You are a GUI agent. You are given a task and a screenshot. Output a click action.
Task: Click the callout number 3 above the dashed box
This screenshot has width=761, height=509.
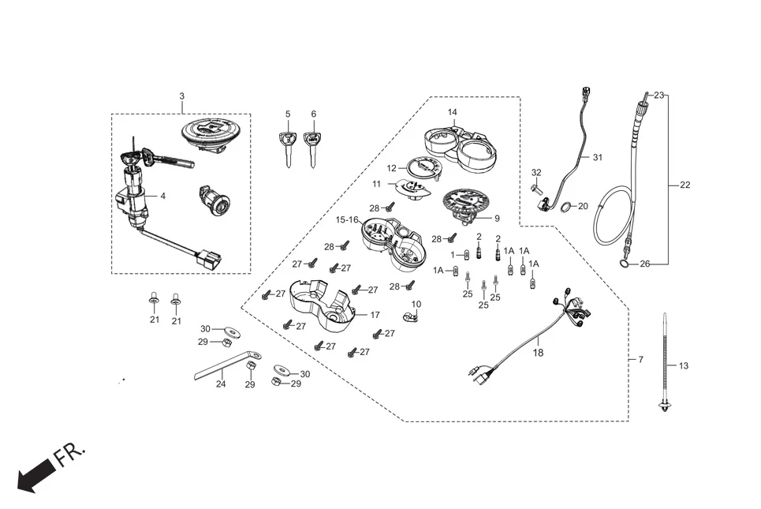coord(181,96)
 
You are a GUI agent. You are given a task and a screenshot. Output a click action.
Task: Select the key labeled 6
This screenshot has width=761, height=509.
coord(313,148)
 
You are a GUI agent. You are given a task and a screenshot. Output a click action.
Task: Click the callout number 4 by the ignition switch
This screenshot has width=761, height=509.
coord(163,196)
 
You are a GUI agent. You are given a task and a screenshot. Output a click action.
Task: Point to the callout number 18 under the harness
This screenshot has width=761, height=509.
coord(538,353)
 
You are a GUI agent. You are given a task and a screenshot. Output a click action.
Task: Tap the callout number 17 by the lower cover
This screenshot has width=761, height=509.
coord(375,314)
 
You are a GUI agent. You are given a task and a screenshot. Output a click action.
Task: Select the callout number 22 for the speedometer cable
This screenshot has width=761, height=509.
coord(685,185)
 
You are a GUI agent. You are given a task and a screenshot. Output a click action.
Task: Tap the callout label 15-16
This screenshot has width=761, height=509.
coord(347,219)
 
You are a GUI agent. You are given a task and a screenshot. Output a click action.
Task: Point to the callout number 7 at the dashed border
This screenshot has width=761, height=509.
coord(640,359)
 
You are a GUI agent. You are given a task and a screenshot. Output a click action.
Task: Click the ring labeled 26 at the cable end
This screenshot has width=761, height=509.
coord(625,264)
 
